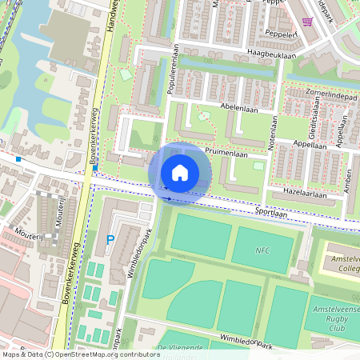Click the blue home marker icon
180,172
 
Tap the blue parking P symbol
110,239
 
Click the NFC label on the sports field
262,250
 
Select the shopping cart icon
308,22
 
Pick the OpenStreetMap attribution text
80,354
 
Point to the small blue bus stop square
17,159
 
